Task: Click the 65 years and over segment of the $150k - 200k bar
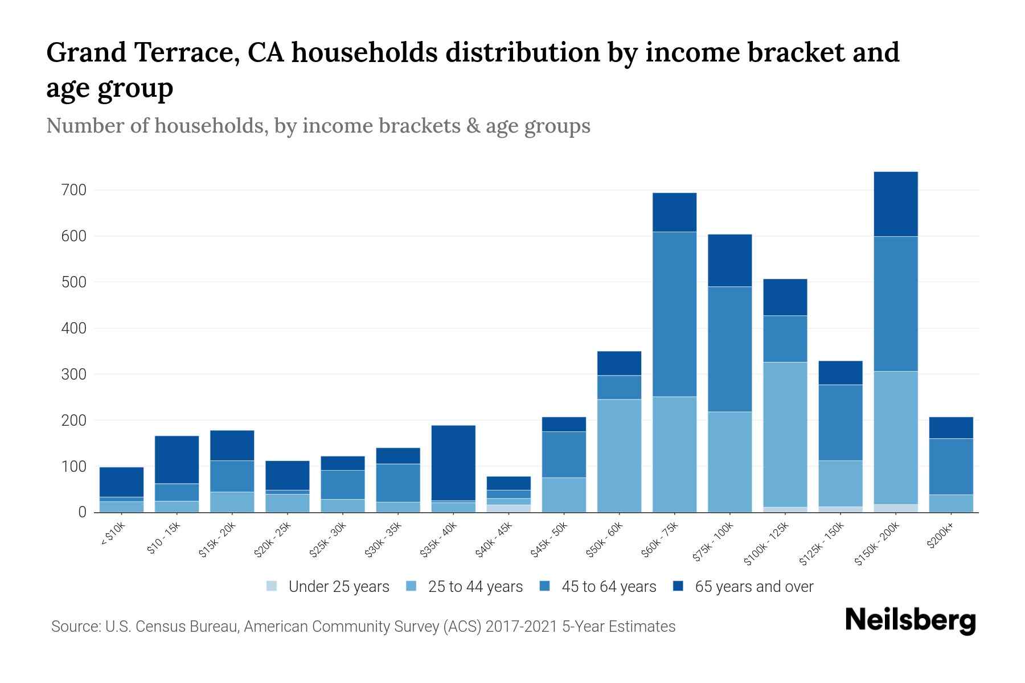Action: [895, 204]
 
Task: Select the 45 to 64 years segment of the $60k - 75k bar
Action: [674, 314]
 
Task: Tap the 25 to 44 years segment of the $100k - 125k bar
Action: [785, 434]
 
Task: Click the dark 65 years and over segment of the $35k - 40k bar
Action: [453, 463]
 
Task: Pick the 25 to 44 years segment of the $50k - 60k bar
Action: [619, 455]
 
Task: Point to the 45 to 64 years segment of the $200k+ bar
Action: [950, 466]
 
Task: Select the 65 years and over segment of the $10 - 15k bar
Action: [177, 459]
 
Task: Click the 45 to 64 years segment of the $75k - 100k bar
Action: [729, 349]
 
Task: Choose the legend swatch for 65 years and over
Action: [678, 586]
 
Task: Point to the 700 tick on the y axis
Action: [73, 190]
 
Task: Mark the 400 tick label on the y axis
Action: [73, 328]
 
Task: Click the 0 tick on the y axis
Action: [82, 513]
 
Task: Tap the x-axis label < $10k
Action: [112, 536]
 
